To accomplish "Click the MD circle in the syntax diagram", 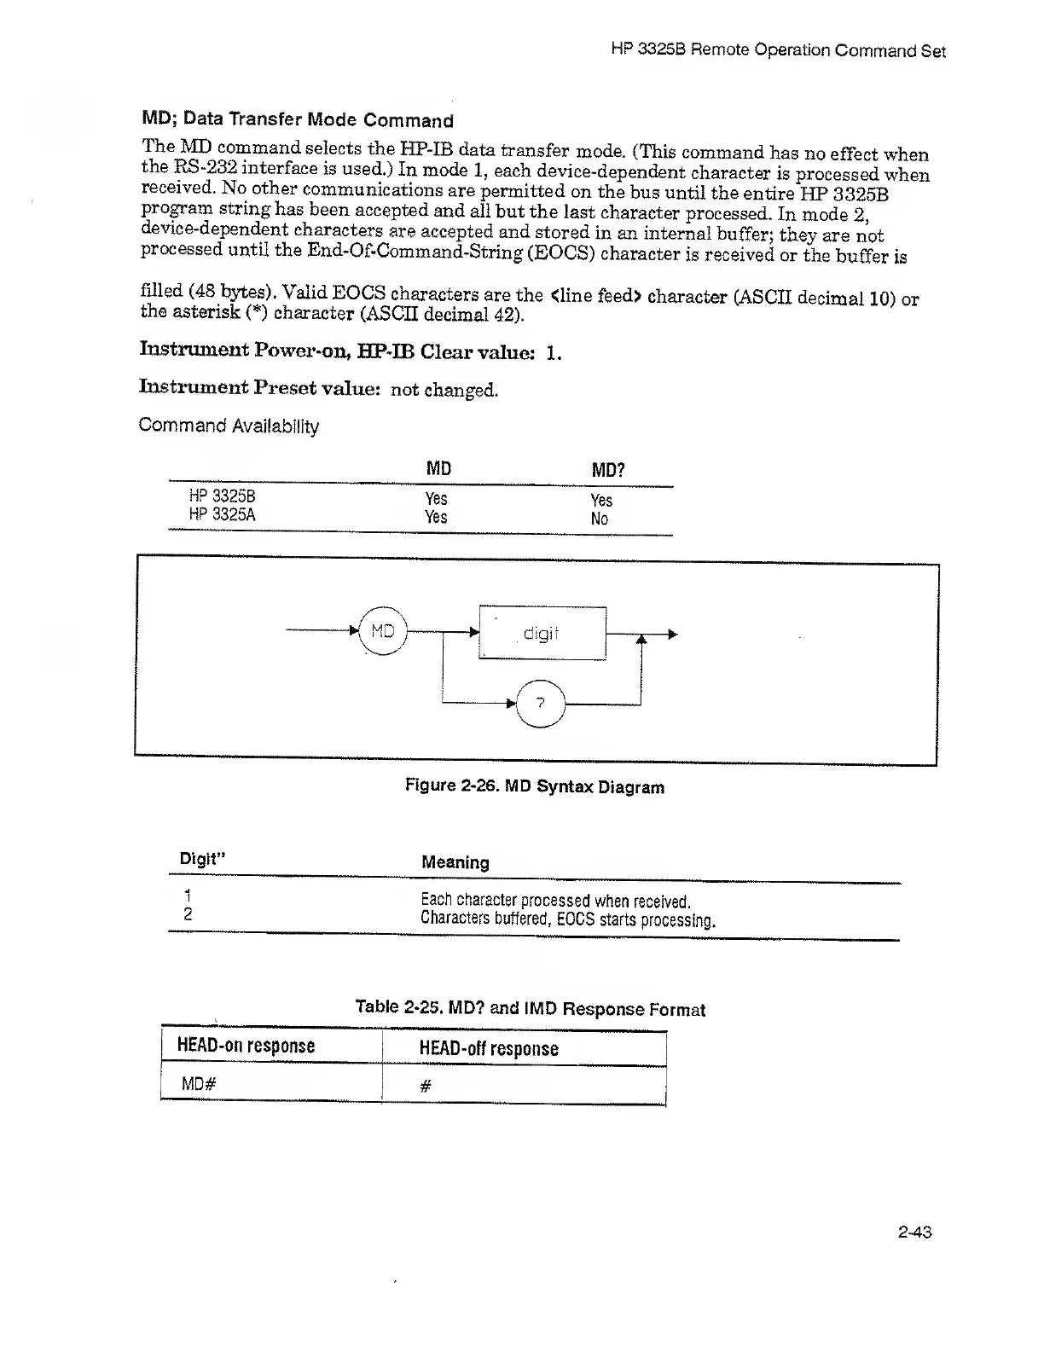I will coord(383,631).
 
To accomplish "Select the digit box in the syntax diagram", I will coord(542,633).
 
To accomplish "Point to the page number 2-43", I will coord(914,1232).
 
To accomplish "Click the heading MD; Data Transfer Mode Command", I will coord(298,119).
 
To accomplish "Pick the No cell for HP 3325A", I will coord(600,519).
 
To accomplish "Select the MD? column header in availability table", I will coord(608,470).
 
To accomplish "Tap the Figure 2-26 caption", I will coord(534,786).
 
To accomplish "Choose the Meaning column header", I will coord(455,861).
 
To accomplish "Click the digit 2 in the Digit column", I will coord(188,914).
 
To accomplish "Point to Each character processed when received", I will coord(555,900).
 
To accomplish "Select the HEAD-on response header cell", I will coord(246,1046).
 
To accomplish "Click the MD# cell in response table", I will coord(199,1084).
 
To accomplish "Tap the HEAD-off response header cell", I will coord(489,1048).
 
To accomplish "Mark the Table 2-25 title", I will coord(530,1008).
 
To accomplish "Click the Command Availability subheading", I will coord(229,425).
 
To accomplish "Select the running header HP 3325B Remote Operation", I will coord(778,50).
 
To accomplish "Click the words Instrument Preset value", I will coord(259,387).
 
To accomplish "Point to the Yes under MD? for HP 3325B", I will coord(601,500).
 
